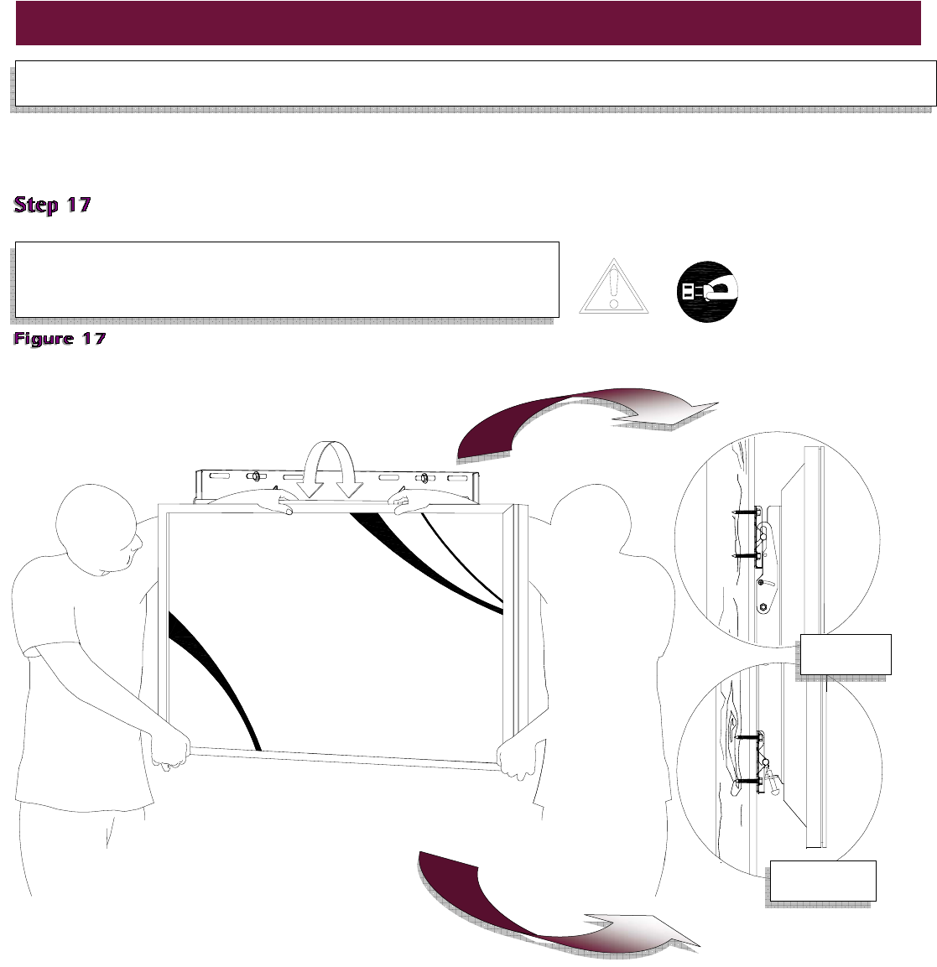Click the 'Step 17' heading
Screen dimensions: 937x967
(x=52, y=205)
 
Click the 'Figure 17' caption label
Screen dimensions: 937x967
(x=60, y=339)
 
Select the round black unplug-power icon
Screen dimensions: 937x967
(x=707, y=291)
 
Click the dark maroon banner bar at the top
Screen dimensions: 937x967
(x=468, y=23)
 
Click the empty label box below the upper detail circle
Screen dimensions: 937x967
(x=846, y=654)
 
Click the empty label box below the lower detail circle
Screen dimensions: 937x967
(x=823, y=881)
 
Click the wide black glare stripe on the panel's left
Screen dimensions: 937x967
(x=214, y=679)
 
